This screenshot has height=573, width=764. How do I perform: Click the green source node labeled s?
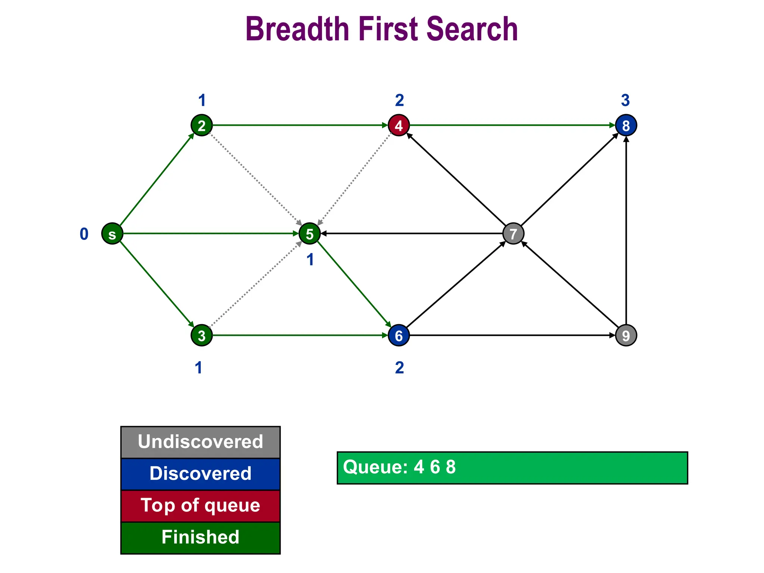(x=112, y=234)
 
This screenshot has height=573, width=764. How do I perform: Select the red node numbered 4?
(x=399, y=125)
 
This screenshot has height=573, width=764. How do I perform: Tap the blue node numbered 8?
(x=626, y=125)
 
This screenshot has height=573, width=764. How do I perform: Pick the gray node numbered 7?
(x=513, y=234)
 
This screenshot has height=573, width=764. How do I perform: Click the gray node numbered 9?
(x=626, y=335)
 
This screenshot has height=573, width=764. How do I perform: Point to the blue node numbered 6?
(x=399, y=335)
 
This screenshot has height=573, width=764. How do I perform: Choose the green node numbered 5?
(x=310, y=234)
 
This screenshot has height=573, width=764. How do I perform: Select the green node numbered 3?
(x=201, y=335)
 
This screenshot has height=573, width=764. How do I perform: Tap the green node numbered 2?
(x=201, y=125)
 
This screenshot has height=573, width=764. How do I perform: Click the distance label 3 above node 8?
(x=626, y=100)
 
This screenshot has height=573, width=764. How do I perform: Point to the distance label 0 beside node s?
(x=84, y=234)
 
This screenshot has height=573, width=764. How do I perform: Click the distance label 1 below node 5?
(x=310, y=260)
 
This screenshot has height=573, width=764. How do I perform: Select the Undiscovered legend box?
(x=200, y=442)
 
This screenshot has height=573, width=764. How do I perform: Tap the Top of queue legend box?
(x=200, y=506)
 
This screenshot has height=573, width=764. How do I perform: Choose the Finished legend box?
(x=200, y=538)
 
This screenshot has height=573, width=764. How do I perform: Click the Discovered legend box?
(x=200, y=474)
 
